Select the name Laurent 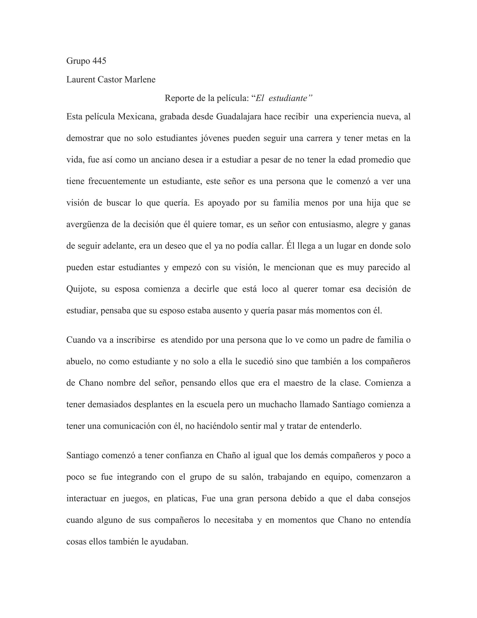[81, 80]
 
